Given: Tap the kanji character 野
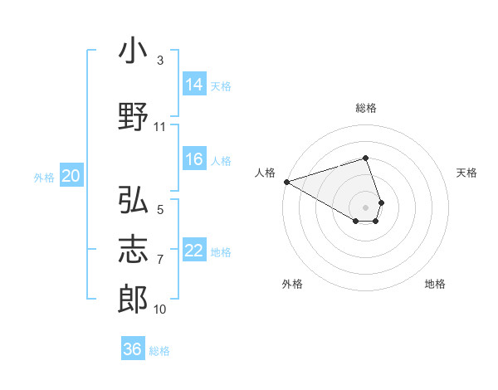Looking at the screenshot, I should pyautogui.click(x=133, y=117).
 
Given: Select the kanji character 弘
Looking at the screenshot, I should pyautogui.click(x=133, y=201).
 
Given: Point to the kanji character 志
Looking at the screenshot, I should pyautogui.click(x=133, y=250).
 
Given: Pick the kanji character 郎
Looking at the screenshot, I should pyautogui.click(x=133, y=300).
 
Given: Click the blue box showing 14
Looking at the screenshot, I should pyautogui.click(x=194, y=84).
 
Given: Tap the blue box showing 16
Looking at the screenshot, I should pyautogui.click(x=194, y=159).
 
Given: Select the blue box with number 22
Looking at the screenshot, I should pyautogui.click(x=194, y=251).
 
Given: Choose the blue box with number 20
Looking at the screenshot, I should pyautogui.click(x=71, y=176).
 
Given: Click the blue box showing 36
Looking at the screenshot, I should pyautogui.click(x=133, y=349).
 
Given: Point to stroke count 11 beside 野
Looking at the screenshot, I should pyautogui.click(x=160, y=127).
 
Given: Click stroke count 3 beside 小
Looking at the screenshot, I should pyautogui.click(x=160, y=61).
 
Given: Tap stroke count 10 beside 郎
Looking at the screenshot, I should pyautogui.click(x=160, y=310).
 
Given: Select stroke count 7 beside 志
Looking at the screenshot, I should pyautogui.click(x=160, y=260).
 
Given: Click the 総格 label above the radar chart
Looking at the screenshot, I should pyautogui.click(x=366, y=108).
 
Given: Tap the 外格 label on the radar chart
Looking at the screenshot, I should pyautogui.click(x=292, y=284).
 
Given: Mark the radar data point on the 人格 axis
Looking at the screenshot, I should pyautogui.click(x=286, y=182).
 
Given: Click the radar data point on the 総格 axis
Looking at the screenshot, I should pyautogui.click(x=366, y=158).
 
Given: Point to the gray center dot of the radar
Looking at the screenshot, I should pyautogui.click(x=366, y=207).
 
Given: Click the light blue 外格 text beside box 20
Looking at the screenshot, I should pyautogui.click(x=44, y=177).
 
